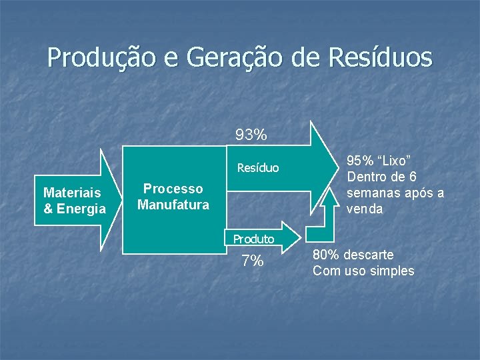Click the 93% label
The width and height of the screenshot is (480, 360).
tap(251, 135)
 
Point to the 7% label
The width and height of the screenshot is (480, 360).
tap(253, 261)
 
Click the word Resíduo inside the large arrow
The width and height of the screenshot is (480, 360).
tap(258, 168)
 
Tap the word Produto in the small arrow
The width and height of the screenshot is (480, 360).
tap(253, 239)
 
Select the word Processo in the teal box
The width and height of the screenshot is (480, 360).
tap(173, 189)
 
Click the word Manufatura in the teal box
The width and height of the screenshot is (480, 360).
tap(173, 205)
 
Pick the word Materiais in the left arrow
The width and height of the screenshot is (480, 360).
tap(72, 193)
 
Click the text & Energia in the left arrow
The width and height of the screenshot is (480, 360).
tap(74, 209)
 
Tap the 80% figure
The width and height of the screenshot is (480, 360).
tap(327, 255)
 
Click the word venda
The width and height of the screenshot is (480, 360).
tap(365, 209)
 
